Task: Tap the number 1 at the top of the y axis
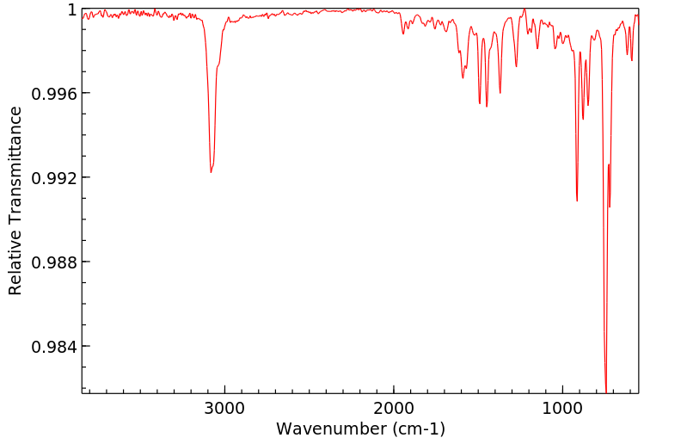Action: pyautogui.click(x=72, y=9)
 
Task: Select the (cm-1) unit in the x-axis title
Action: pyautogui.click(x=416, y=429)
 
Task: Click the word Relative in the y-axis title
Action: pyautogui.click(x=15, y=258)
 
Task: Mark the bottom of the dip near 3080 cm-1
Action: pyautogui.click(x=211, y=172)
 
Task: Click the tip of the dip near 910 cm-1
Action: pyautogui.click(x=577, y=200)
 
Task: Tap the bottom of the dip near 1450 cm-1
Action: pyautogui.click(x=487, y=106)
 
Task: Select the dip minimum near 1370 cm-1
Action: pyautogui.click(x=500, y=93)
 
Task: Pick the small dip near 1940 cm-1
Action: pyautogui.click(x=403, y=34)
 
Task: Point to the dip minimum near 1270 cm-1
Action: pyautogui.click(x=516, y=66)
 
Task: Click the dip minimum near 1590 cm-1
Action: pyautogui.click(x=463, y=78)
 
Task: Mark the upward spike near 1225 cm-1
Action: pyautogui.click(x=524, y=9)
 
